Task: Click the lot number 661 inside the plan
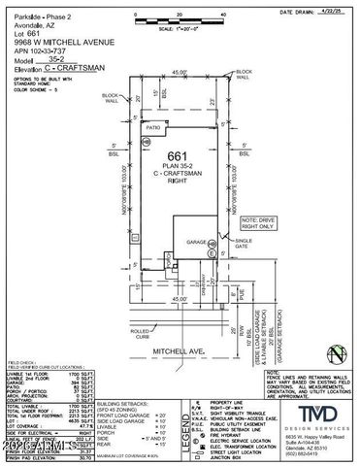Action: pyautogui.click(x=176, y=156)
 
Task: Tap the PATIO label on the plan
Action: pyautogui.click(x=152, y=127)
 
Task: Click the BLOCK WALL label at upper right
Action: pyautogui.click(x=243, y=73)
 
